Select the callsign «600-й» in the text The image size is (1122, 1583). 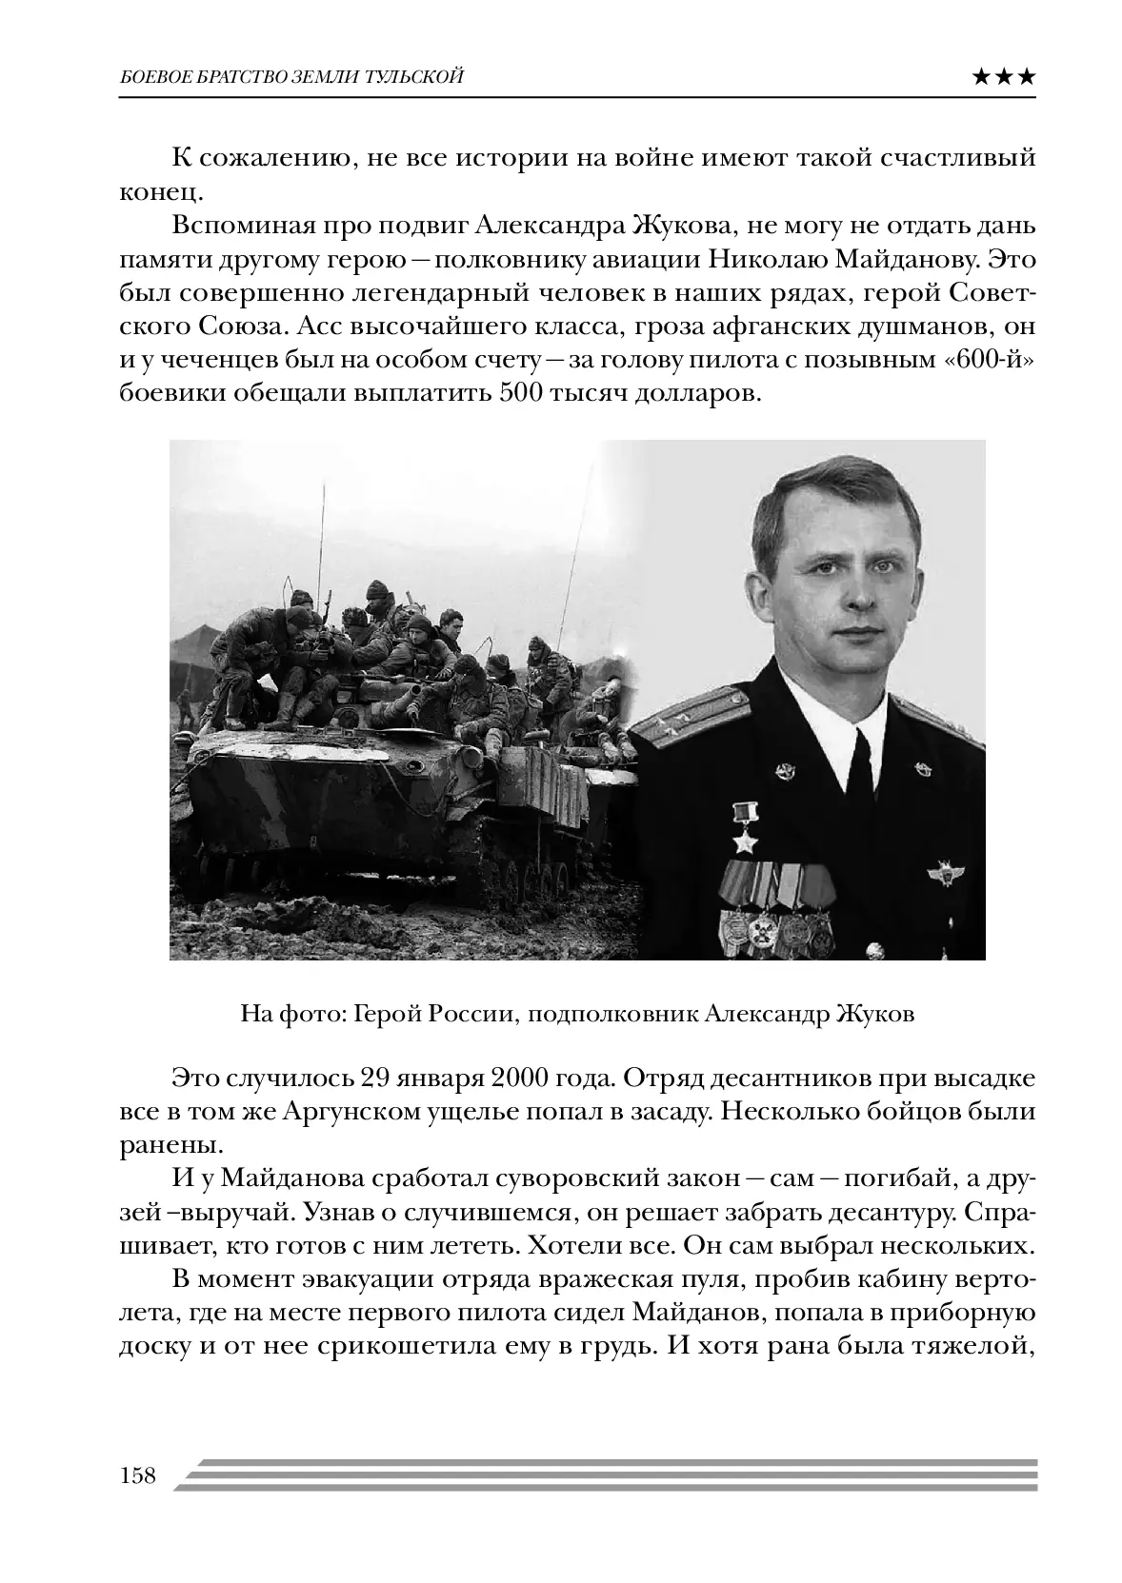994,360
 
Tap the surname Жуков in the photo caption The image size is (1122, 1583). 873,1014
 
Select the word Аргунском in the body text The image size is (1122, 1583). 351,1111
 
